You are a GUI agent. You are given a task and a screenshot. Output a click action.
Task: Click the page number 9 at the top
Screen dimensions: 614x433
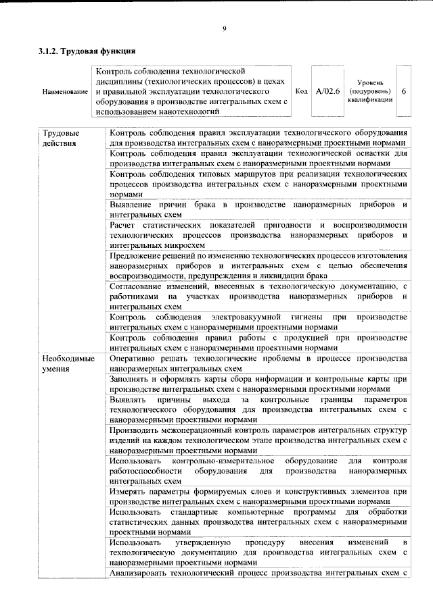pos(223,28)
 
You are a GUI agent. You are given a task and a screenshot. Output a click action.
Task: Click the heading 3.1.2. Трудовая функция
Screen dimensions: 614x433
pos(87,51)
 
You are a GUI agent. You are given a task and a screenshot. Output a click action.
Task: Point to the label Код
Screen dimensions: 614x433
pos(302,91)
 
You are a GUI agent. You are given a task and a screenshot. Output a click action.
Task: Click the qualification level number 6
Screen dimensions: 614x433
pos(404,91)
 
